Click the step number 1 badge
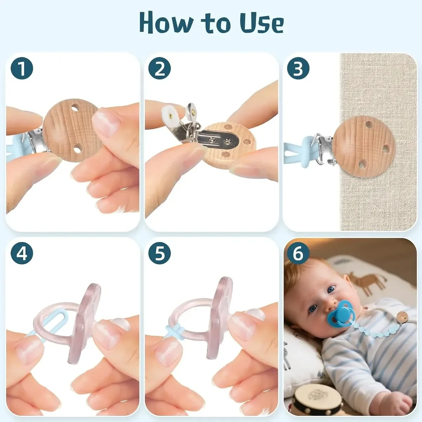(22, 68)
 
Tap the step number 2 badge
(159, 68)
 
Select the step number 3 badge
(298, 68)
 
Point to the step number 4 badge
(22, 253)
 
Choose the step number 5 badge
(159, 253)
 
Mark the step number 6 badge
(298, 253)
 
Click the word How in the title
(166, 23)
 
